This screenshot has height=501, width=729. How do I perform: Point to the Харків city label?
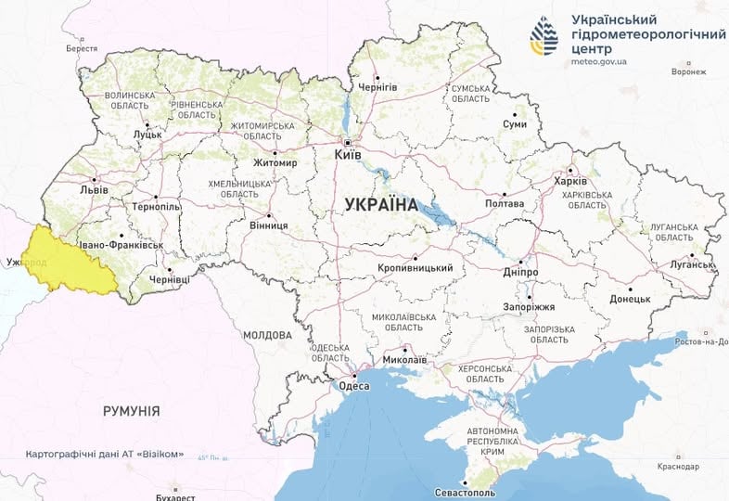coord(569,181)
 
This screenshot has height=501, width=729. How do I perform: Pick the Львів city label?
coord(95,190)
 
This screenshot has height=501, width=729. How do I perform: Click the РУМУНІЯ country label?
coord(131,410)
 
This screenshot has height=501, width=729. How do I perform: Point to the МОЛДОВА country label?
coord(267,335)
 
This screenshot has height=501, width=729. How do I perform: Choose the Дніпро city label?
coord(521,271)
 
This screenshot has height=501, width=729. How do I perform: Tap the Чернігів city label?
coord(377,86)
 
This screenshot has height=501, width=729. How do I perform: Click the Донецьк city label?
coord(631,299)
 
